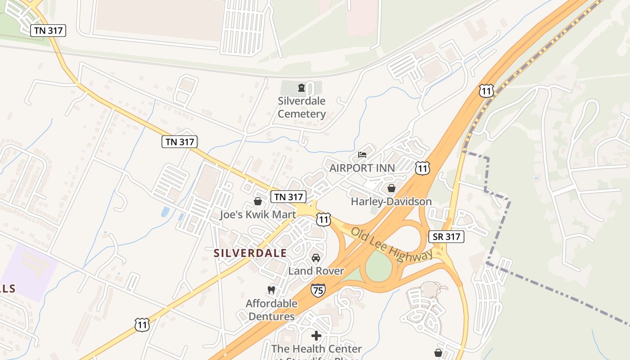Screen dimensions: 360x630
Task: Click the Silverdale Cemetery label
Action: click(301, 107)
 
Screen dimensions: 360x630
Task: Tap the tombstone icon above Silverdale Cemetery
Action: click(301, 87)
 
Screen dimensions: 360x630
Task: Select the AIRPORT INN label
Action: click(362, 168)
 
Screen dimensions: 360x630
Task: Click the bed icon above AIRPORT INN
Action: click(362, 155)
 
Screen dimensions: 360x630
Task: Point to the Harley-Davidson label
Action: click(391, 201)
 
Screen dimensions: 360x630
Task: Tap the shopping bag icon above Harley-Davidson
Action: click(391, 188)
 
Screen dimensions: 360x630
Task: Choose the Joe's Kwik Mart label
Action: click(258, 214)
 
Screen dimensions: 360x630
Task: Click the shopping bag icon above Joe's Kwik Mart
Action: click(258, 201)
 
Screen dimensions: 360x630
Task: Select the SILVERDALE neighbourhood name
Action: click(250, 253)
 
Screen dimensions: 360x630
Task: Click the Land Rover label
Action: click(316, 270)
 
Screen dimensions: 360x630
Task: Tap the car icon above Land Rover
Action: click(316, 258)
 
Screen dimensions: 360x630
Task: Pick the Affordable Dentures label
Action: click(271, 310)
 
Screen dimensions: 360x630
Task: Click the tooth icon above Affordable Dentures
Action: click(271, 290)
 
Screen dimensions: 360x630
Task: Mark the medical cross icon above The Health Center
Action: click(316, 335)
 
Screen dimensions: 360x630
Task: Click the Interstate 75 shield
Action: click(318, 290)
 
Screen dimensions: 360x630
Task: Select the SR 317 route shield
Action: click(446, 237)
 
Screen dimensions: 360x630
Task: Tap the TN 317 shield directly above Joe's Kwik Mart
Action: click(288, 197)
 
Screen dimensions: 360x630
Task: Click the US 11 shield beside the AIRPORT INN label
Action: click(422, 168)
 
